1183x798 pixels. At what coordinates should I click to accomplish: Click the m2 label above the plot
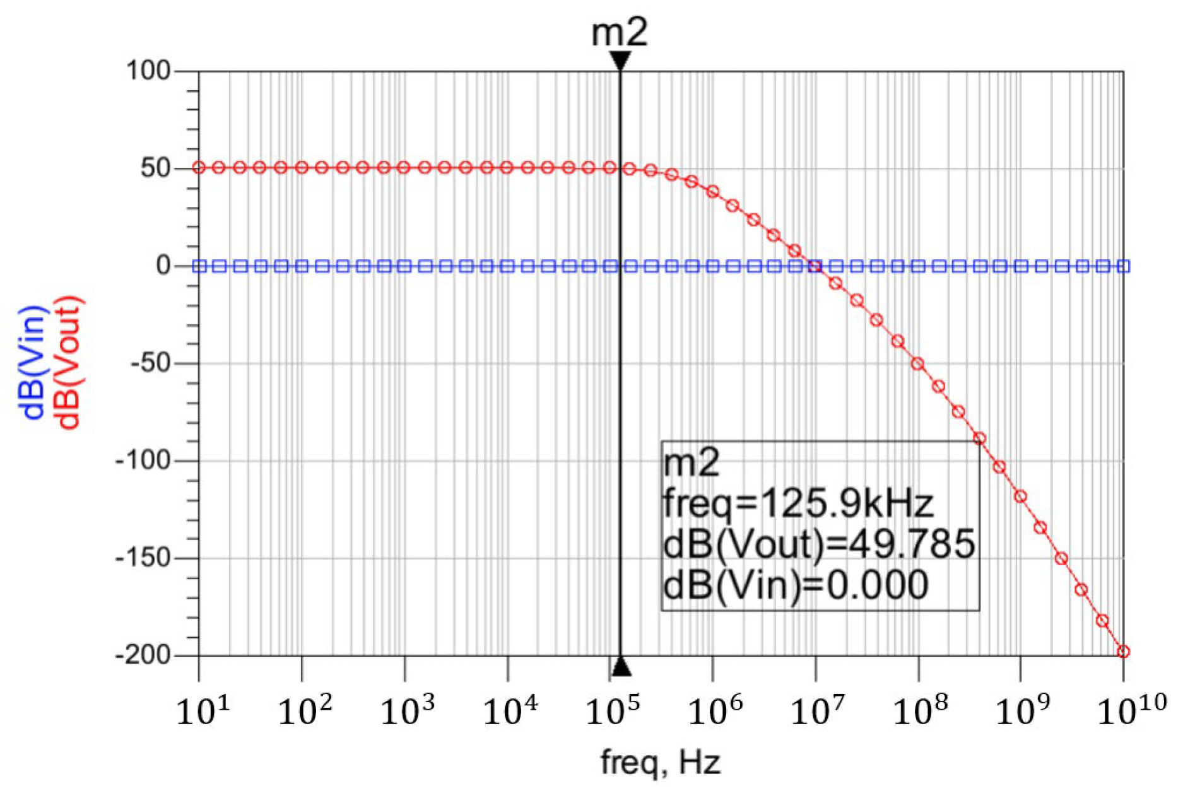pyautogui.click(x=619, y=33)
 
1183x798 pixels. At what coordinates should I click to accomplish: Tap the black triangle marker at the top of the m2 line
pyautogui.click(x=620, y=61)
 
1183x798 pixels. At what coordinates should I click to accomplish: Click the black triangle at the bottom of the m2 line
pyautogui.click(x=621, y=667)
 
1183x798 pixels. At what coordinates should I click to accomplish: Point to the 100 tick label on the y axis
pyautogui.click(x=149, y=71)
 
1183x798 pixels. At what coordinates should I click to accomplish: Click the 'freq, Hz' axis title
pyautogui.click(x=660, y=763)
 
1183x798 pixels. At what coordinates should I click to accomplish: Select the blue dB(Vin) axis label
pyautogui.click(x=33, y=363)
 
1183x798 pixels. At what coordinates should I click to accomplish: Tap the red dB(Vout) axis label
pyautogui.click(x=69, y=363)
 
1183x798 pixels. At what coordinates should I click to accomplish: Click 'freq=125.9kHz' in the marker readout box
pyautogui.click(x=797, y=503)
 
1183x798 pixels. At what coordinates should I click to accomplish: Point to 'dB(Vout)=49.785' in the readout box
pyautogui.click(x=819, y=544)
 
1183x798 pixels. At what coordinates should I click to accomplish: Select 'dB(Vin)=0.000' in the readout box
pyautogui.click(x=796, y=585)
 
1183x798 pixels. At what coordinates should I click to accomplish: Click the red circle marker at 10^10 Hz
pyautogui.click(x=1123, y=652)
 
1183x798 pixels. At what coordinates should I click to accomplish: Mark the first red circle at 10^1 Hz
pyautogui.click(x=199, y=168)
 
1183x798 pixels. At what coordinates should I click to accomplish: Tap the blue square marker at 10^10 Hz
pyautogui.click(x=1123, y=266)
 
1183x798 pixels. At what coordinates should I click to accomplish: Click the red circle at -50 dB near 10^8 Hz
pyautogui.click(x=918, y=364)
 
